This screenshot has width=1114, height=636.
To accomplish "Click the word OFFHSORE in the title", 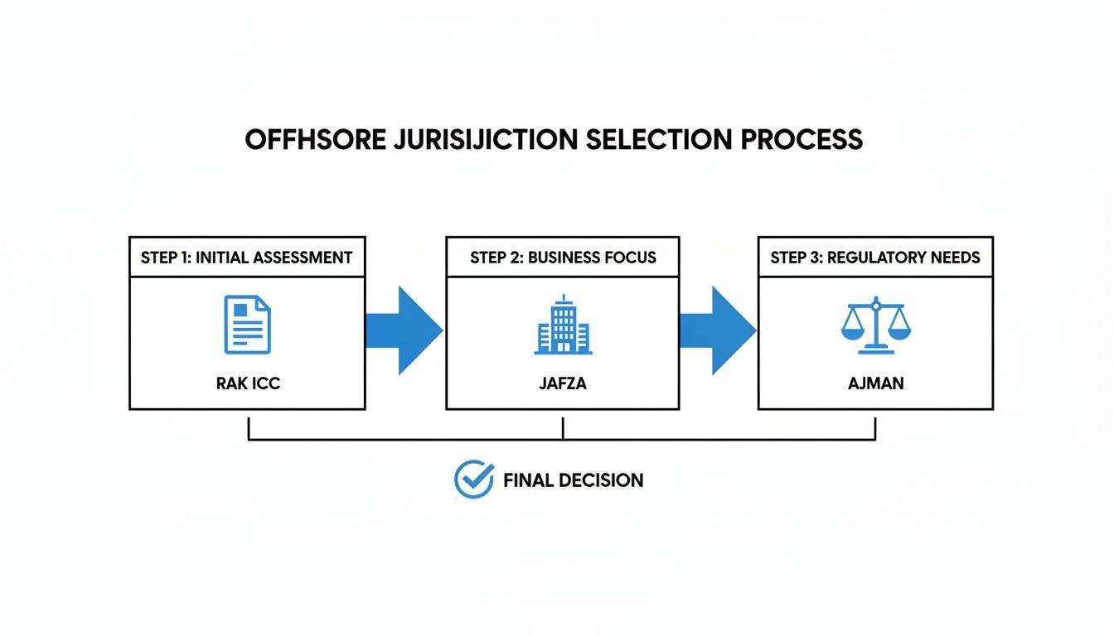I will pos(315,139).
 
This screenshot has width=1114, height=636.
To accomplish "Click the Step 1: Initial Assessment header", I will pos(247,258).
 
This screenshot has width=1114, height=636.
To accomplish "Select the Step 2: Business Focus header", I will pos(563,258).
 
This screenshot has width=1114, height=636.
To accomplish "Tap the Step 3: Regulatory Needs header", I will pos(875,258).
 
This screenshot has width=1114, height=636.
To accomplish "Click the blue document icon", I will pos(247,326).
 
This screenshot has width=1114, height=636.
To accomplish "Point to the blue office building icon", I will pos(563,325).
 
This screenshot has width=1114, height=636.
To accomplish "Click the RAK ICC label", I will pos(247,383).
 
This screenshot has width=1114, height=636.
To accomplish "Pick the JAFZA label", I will pos(563,383).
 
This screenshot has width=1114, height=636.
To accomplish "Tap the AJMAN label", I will pos(875,383).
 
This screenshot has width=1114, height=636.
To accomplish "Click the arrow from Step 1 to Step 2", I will pos(404,330).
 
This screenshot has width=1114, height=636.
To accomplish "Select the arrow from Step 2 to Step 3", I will pos(717,330).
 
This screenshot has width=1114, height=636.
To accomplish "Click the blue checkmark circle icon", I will pos(474,479).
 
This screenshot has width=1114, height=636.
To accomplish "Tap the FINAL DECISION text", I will pos(573,480).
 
